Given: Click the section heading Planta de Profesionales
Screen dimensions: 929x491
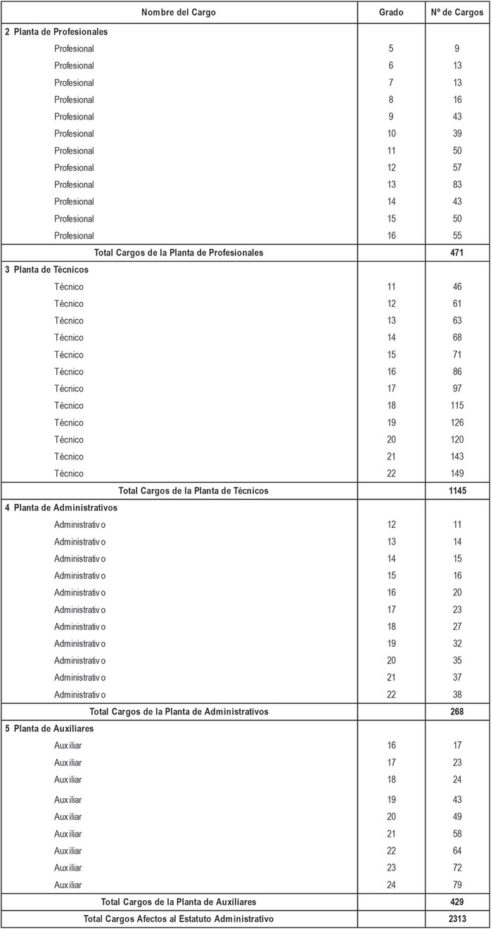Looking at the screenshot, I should [60, 32].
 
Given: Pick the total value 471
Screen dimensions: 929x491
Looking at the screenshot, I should [457, 253].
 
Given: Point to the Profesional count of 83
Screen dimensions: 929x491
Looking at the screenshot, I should [457, 184].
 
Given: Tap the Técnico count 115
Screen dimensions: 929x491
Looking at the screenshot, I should [457, 405].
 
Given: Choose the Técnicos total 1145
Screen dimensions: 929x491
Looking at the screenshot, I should [457, 491].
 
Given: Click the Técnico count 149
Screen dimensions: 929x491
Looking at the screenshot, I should [457, 474].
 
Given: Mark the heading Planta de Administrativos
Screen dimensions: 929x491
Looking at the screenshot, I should [65, 507].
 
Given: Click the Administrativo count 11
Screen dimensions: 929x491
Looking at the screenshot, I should [457, 524].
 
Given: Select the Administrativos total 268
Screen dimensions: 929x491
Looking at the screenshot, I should [457, 712].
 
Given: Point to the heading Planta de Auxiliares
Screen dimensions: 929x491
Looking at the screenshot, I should [53, 728].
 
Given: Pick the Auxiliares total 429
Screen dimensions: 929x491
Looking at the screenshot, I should [457, 902].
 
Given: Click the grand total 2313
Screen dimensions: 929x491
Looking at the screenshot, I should [457, 918].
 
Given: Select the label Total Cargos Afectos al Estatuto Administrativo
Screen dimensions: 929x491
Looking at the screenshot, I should [178, 918].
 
